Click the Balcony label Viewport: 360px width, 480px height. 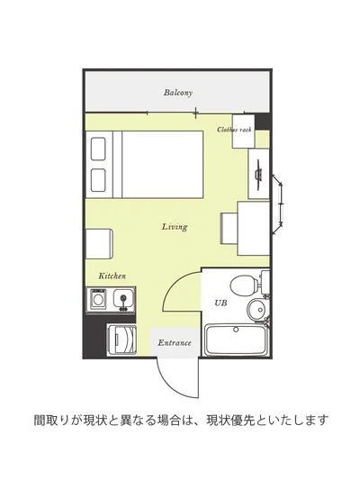coord(178,93)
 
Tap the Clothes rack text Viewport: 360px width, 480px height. coord(234,131)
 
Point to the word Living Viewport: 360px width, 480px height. coord(175,227)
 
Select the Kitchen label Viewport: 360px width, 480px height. coord(112,276)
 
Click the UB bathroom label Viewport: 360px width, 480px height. coord(220,303)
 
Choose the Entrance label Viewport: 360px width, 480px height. coord(174,343)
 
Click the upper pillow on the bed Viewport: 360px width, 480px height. coord(99,147)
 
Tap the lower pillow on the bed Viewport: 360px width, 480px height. coord(99,177)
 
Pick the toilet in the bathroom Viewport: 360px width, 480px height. coord(244,286)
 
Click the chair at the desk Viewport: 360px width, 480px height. coord(229,227)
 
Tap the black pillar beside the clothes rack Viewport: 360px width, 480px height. coord(262,121)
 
